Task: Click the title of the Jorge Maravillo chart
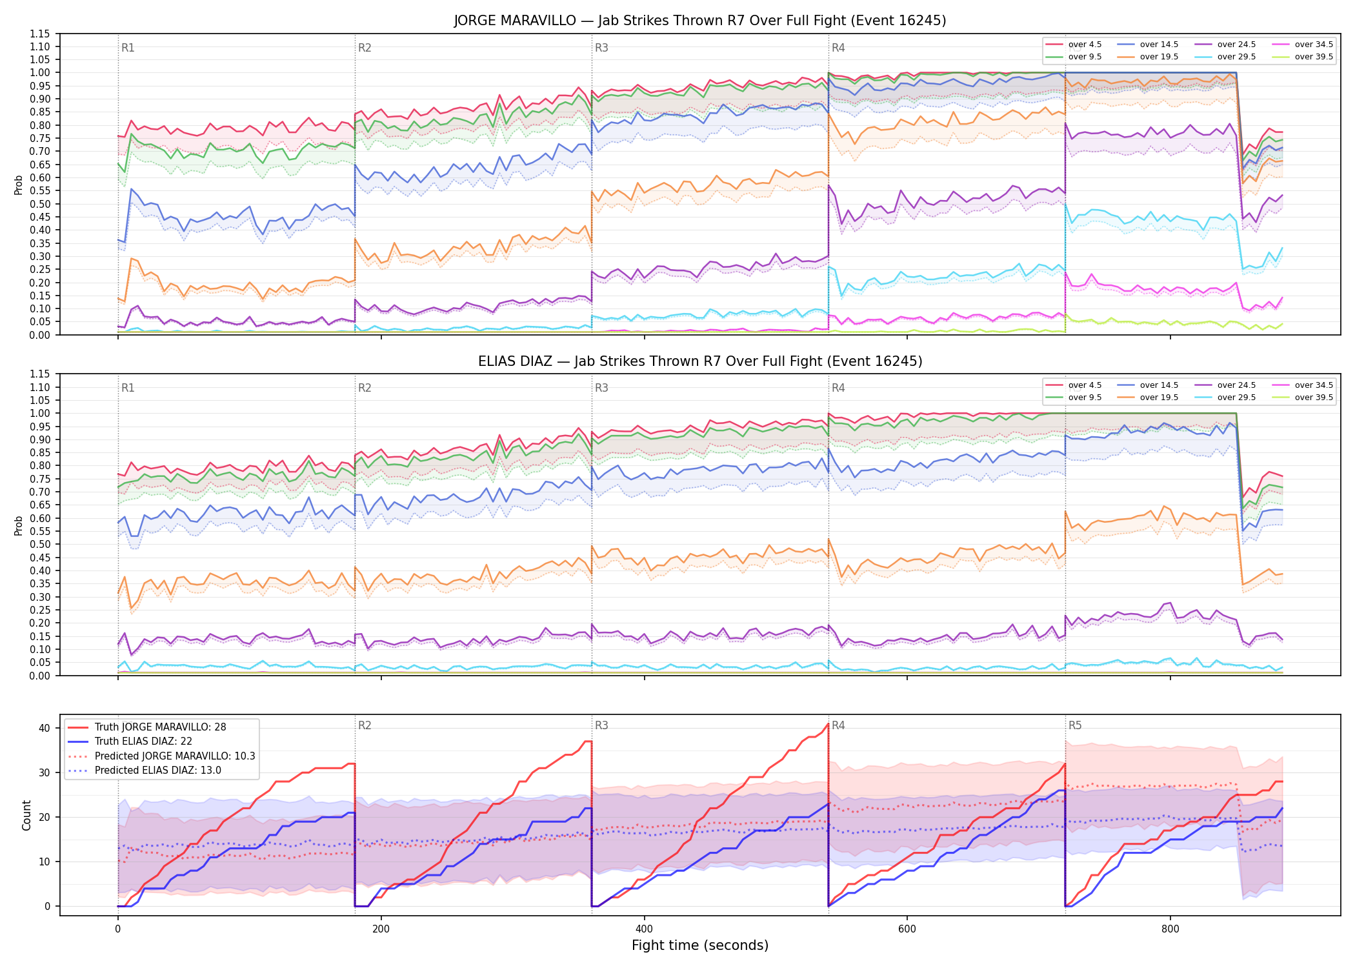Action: pyautogui.click(x=700, y=21)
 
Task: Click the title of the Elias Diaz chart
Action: pyautogui.click(x=700, y=361)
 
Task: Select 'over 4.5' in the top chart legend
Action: pyautogui.click(x=1085, y=45)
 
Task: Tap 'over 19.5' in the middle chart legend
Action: pyautogui.click(x=1159, y=398)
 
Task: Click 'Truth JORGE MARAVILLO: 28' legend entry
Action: pyautogui.click(x=160, y=727)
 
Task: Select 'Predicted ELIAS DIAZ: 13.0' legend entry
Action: pyautogui.click(x=157, y=771)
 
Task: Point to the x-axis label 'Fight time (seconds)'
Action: pyautogui.click(x=700, y=945)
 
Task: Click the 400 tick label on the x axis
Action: pyautogui.click(x=644, y=929)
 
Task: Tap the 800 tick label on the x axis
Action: pyautogui.click(x=1170, y=929)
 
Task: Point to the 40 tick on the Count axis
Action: pyautogui.click(x=45, y=728)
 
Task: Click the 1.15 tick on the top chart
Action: pyautogui.click(x=39, y=34)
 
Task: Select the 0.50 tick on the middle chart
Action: pyautogui.click(x=39, y=544)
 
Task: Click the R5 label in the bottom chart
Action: pyautogui.click(x=1075, y=725)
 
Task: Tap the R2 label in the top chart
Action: pyautogui.click(x=365, y=48)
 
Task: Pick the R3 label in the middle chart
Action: pyautogui.click(x=601, y=388)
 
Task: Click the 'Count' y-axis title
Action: pyautogui.click(x=26, y=815)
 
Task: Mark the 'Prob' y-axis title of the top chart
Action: pyautogui.click(x=19, y=185)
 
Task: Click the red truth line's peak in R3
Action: pyautogui.click(x=828, y=724)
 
